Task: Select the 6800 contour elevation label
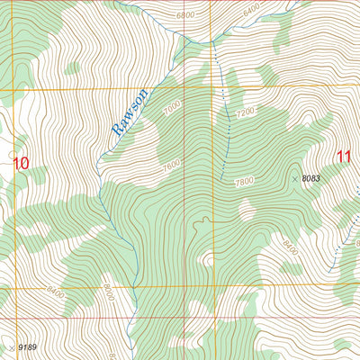coord(185,16)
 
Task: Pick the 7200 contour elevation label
coord(244,112)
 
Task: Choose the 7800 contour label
coord(243,182)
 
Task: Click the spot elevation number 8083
coord(311,178)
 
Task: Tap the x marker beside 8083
coord(294,179)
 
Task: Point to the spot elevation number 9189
coord(29,346)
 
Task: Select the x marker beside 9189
coord(11,346)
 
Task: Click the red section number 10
coord(21,163)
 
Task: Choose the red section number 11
coord(344,156)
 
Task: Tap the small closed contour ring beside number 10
coord(11,154)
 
